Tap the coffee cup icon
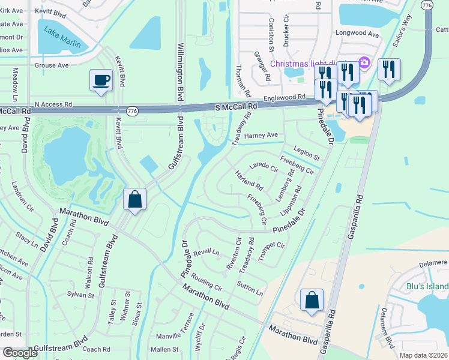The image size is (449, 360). tap(101, 80)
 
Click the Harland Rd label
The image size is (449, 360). tap(249, 180)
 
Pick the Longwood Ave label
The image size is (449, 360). tap(359, 34)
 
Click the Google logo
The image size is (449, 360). tap(20, 353)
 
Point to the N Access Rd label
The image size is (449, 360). tap(53, 104)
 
